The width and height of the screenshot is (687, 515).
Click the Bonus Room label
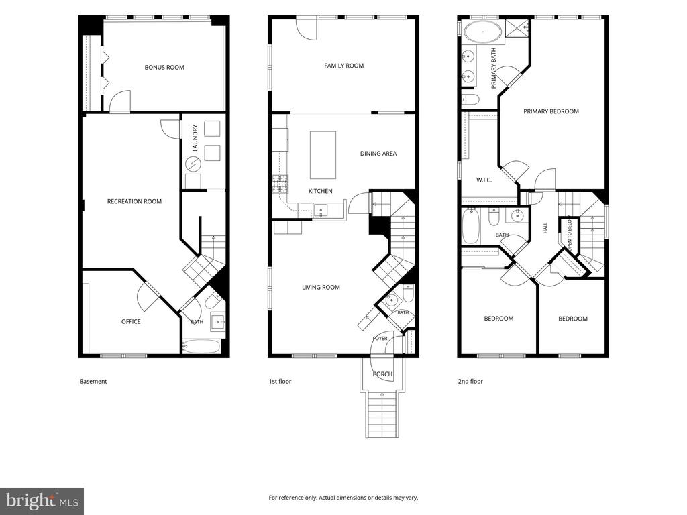tap(164, 68)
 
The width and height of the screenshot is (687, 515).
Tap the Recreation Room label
tap(134, 201)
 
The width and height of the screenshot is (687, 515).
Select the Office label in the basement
tap(131, 321)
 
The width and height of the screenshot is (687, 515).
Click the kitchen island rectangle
tap(323, 155)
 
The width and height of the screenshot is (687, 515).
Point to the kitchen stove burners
tap(280, 184)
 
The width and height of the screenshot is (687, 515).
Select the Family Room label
tap(344, 66)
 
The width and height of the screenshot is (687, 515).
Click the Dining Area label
tap(378, 154)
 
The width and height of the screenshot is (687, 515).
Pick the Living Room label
tap(321, 287)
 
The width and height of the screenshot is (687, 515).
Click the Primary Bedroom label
tap(551, 111)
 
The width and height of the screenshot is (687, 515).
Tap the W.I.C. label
tap(484, 180)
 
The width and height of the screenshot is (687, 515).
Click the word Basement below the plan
tap(93, 381)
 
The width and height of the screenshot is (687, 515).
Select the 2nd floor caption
tap(470, 381)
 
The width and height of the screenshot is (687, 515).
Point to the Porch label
tap(382, 374)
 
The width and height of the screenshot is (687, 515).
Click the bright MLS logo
tap(42, 500)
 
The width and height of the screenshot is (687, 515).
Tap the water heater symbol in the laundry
tap(193, 164)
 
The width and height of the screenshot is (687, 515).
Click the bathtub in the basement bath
tap(201, 347)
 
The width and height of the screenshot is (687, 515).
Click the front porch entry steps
tap(382, 414)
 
